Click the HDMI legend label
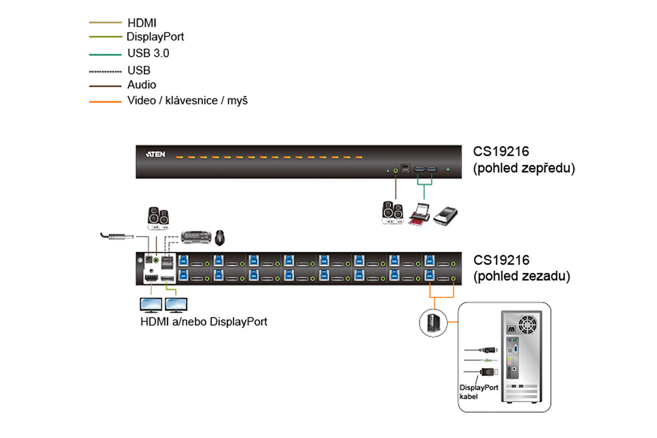pos(142,23)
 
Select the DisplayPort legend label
pos(155,37)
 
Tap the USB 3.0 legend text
pos(148,54)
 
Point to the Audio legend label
pos(141,85)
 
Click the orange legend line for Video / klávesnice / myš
pos(105,101)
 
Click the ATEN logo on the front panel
pos(155,154)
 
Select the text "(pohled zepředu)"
pos(524,168)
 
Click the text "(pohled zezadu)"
pos(521,276)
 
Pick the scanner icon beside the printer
pos(445,216)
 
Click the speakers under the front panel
pos(392,213)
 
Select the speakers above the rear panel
pos(158,218)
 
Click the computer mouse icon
pos(220,238)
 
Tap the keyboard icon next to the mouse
pos(196,237)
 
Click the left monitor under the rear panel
pos(151,305)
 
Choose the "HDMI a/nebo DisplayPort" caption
pos(204,322)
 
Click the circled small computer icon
pos(433,323)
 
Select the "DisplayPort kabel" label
pos(478,392)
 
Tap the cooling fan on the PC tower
pos(527,324)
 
